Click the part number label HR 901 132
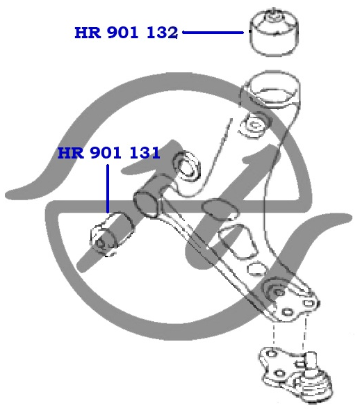pyautogui.click(x=126, y=33)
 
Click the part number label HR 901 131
pyautogui.click(x=108, y=153)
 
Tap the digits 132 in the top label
pyautogui.click(x=162, y=33)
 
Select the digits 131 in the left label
pyautogui.click(x=145, y=153)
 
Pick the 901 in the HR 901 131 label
pyautogui.click(x=106, y=153)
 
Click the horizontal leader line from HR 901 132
pyautogui.click(x=213, y=33)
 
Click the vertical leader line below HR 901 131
pyautogui.click(x=108, y=188)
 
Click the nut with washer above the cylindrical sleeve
pyautogui.click(x=186, y=166)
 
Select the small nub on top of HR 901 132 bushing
pyautogui.click(x=272, y=14)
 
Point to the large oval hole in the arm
pyautogui.click(x=220, y=210)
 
